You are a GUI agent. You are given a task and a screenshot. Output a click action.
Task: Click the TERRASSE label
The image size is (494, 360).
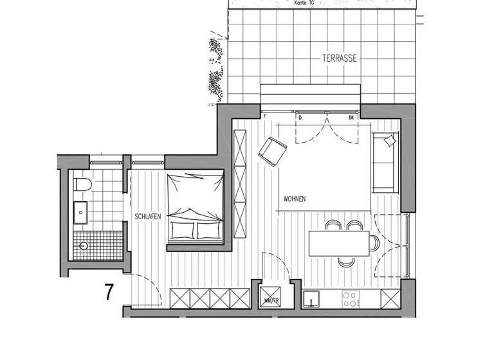[x=340, y=59]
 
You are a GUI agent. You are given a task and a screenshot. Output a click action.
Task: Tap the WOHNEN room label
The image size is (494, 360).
[x=294, y=199]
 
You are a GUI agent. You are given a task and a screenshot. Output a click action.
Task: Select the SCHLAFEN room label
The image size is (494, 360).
[x=148, y=217]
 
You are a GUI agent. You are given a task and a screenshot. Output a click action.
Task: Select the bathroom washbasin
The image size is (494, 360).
[x=82, y=209]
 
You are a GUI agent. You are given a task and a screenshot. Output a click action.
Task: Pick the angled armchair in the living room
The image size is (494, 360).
[x=273, y=150]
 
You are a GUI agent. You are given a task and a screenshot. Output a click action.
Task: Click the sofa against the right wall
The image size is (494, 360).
[x=385, y=163]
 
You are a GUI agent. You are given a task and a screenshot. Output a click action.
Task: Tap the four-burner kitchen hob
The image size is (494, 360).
[x=351, y=300]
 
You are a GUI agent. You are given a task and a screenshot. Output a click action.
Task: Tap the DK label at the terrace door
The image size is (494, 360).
[x=351, y=118]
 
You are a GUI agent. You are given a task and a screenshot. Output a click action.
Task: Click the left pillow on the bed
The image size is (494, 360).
[x=183, y=230]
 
